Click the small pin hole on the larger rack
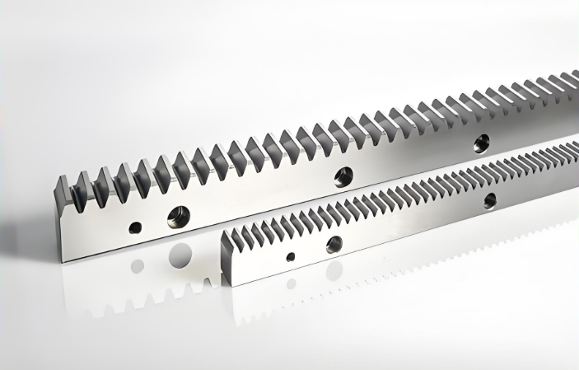pyautogui.click(x=135, y=227)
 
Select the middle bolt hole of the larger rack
pyautogui.click(x=343, y=176)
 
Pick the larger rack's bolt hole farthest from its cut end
pyautogui.click(x=481, y=142)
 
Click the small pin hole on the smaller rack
pyautogui.click(x=291, y=256)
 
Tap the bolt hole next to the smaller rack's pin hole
pyautogui.click(x=334, y=244)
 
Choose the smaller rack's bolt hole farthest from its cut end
pyautogui.click(x=490, y=200)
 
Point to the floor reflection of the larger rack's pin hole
pyautogui.click(x=138, y=266)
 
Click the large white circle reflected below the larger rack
pyautogui.click(x=181, y=255)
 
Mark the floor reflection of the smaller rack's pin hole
pyautogui.click(x=291, y=283)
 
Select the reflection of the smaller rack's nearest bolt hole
pyautogui.click(x=334, y=271)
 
